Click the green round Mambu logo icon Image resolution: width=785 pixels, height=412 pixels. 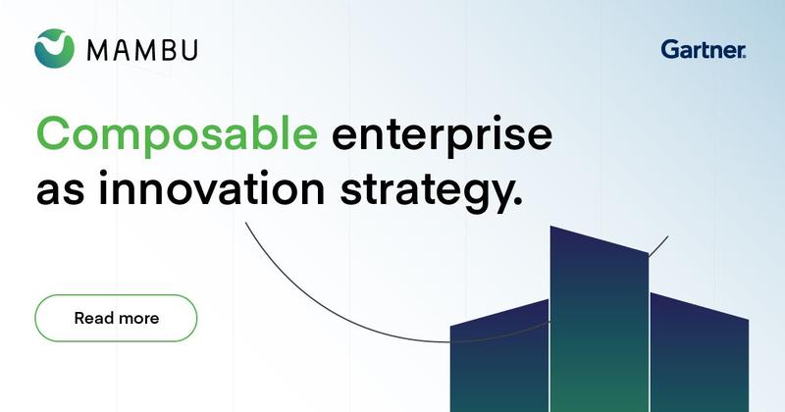coord(55,48)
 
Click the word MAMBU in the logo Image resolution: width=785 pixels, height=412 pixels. coord(142,50)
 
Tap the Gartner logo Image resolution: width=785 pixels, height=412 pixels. coord(704,50)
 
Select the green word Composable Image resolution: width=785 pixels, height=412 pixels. coord(177,133)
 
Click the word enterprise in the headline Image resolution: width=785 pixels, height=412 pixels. coord(443,135)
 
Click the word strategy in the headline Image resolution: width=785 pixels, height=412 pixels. coord(426,191)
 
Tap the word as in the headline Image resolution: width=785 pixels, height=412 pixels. coord(60,192)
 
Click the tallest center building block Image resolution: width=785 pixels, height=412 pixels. coord(599,321)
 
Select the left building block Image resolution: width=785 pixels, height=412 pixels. coord(499,358)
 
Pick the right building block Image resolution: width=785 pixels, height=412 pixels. coord(700,354)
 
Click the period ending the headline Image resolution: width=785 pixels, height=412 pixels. coord(518,201)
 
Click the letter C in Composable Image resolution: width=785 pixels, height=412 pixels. coord(54,133)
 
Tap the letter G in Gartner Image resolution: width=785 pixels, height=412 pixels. coord(670,50)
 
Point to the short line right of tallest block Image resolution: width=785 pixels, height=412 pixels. coord(658,246)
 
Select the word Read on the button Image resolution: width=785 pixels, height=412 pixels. coord(94,318)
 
